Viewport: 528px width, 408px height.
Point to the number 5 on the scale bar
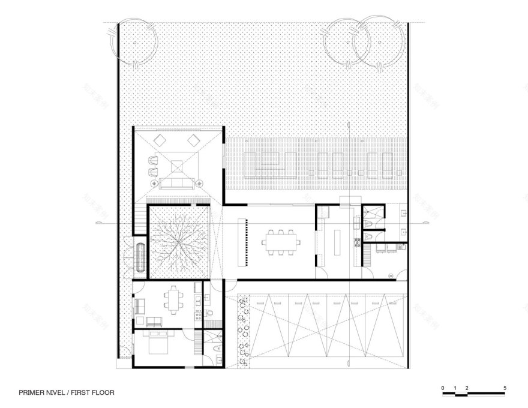pyautogui.click(x=506, y=388)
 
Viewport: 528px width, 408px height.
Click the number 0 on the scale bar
pyautogui.click(x=443, y=388)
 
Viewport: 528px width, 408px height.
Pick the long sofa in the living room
pyautogui.click(x=178, y=183)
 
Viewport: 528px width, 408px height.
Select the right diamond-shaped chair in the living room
pyautogui.click(x=194, y=140)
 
